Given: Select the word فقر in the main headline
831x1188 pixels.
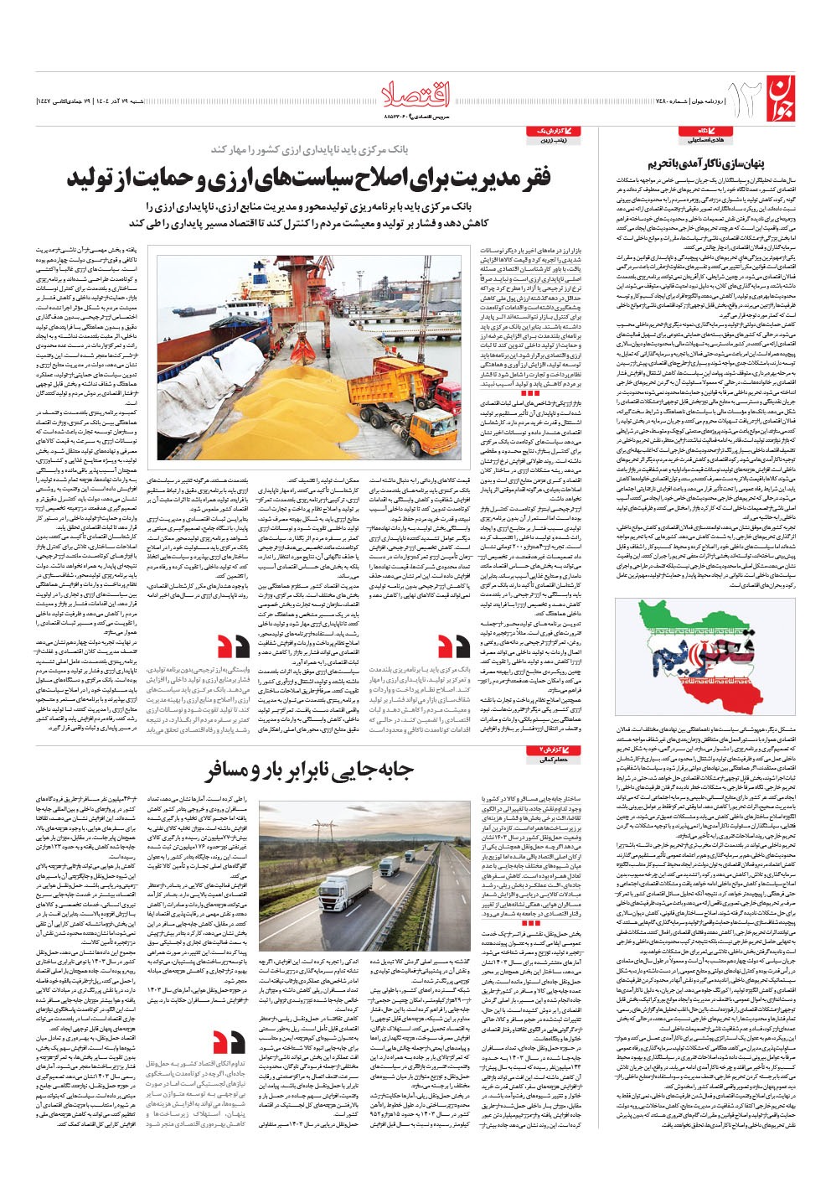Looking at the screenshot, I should click(535, 179).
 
